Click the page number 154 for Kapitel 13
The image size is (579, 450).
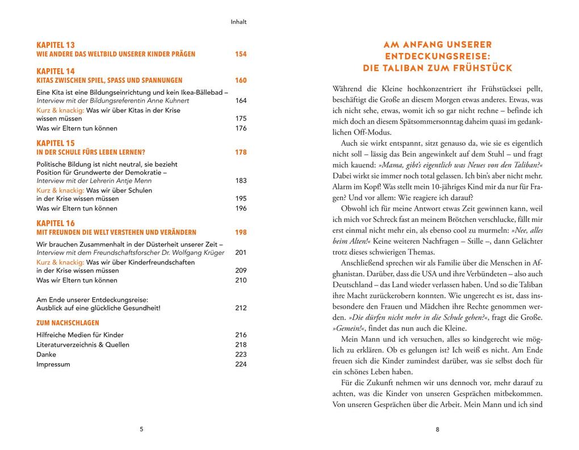pos(241,54)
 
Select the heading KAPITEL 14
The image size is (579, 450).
pos(56,71)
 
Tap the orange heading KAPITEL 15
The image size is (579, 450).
pos(56,143)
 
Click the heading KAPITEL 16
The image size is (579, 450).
pos(56,223)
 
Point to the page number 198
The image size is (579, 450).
pos(241,233)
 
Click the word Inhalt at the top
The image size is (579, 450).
pos(239,22)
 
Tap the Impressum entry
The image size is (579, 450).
pos(53,364)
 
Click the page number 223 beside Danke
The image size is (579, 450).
pos(241,355)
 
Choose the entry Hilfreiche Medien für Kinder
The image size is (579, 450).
pos(80,335)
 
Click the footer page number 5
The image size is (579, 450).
pos(141,430)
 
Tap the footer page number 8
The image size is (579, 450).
pos(437,430)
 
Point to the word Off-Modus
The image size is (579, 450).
pos(357,132)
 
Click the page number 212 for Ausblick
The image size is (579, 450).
pos(241,308)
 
